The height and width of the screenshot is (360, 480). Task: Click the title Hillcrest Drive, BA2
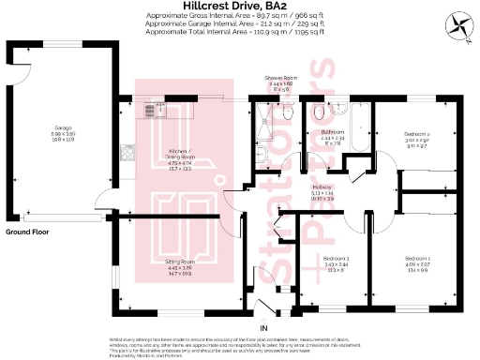[x=240, y=6]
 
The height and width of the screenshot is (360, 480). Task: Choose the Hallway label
[x=322, y=188]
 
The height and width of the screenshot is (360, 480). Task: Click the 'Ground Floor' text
[x=27, y=231]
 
